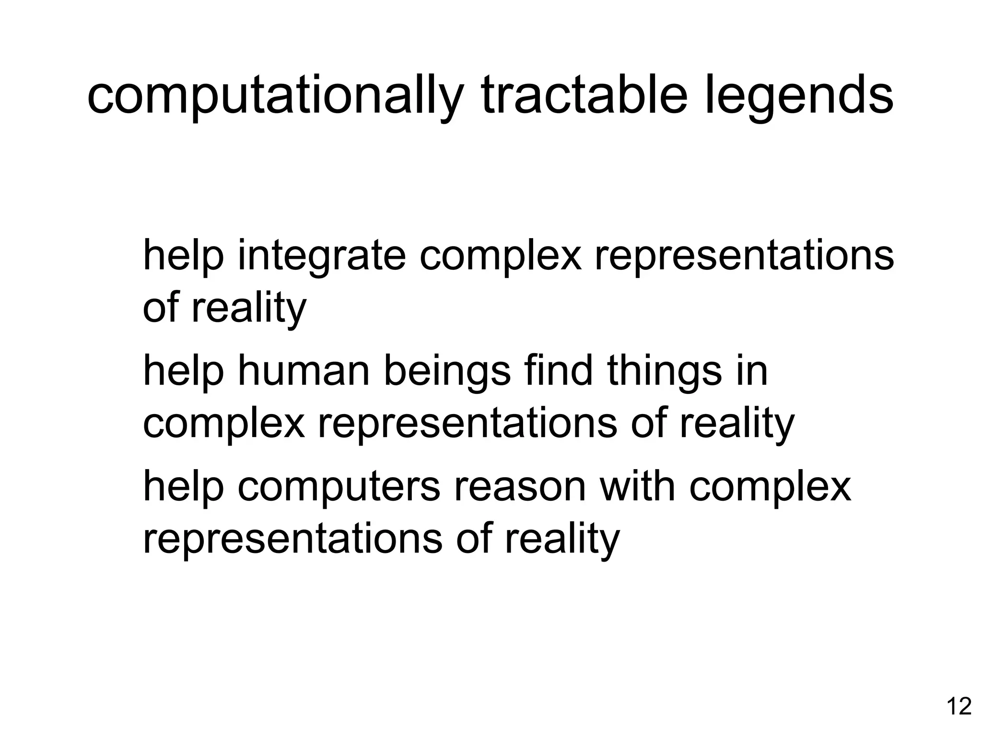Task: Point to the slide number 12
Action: pyautogui.click(x=959, y=706)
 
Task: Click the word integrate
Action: pyautogui.click(x=322, y=256)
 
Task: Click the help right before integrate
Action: pyautogui.click(x=183, y=256)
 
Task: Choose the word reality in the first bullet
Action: pyautogui.click(x=248, y=309)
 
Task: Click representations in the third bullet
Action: pyautogui.click(x=292, y=539)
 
